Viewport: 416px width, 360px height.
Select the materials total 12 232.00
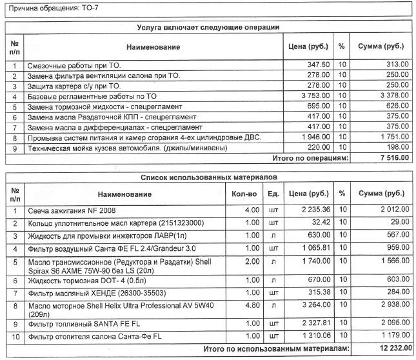pos(390,348)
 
